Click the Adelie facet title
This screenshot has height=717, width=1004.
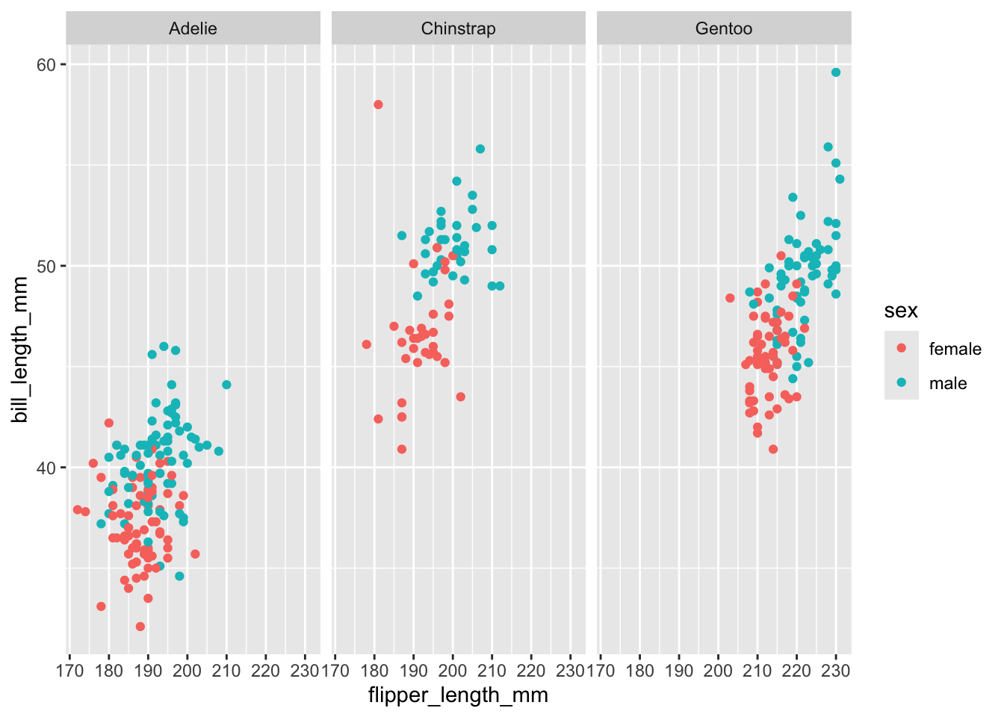tap(193, 29)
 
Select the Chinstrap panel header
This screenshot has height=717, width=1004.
tap(458, 29)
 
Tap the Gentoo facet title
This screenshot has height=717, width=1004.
tap(723, 29)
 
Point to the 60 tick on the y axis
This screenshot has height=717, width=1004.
tap(46, 65)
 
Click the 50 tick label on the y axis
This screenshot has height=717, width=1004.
tap(46, 267)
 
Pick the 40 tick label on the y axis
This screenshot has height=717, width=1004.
tap(46, 468)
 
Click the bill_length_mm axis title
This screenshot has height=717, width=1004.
tap(20, 349)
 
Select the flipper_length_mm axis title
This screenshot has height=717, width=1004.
tap(458, 695)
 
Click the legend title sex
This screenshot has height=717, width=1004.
tap(901, 311)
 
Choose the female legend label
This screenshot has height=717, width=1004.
tap(955, 349)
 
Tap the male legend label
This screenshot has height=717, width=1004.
tap(947, 383)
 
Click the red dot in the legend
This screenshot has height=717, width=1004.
tap(902, 348)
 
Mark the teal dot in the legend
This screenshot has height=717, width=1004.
tap(902, 382)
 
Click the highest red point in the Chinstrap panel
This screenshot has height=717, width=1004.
tap(378, 105)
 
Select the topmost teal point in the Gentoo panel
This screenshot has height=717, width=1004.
tap(836, 72)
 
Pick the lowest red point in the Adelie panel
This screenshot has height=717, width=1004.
tap(140, 627)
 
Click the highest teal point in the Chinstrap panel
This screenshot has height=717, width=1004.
tap(480, 149)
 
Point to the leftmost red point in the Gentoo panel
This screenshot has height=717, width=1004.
tap(730, 298)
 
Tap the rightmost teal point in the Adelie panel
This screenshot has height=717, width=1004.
tap(226, 385)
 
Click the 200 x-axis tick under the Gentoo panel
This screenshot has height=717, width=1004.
tap(718, 670)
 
